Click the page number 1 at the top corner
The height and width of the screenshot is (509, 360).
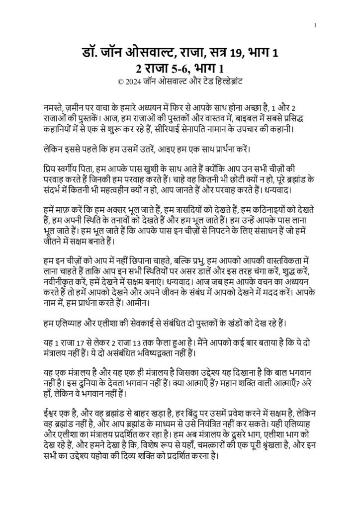click(317, 25)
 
